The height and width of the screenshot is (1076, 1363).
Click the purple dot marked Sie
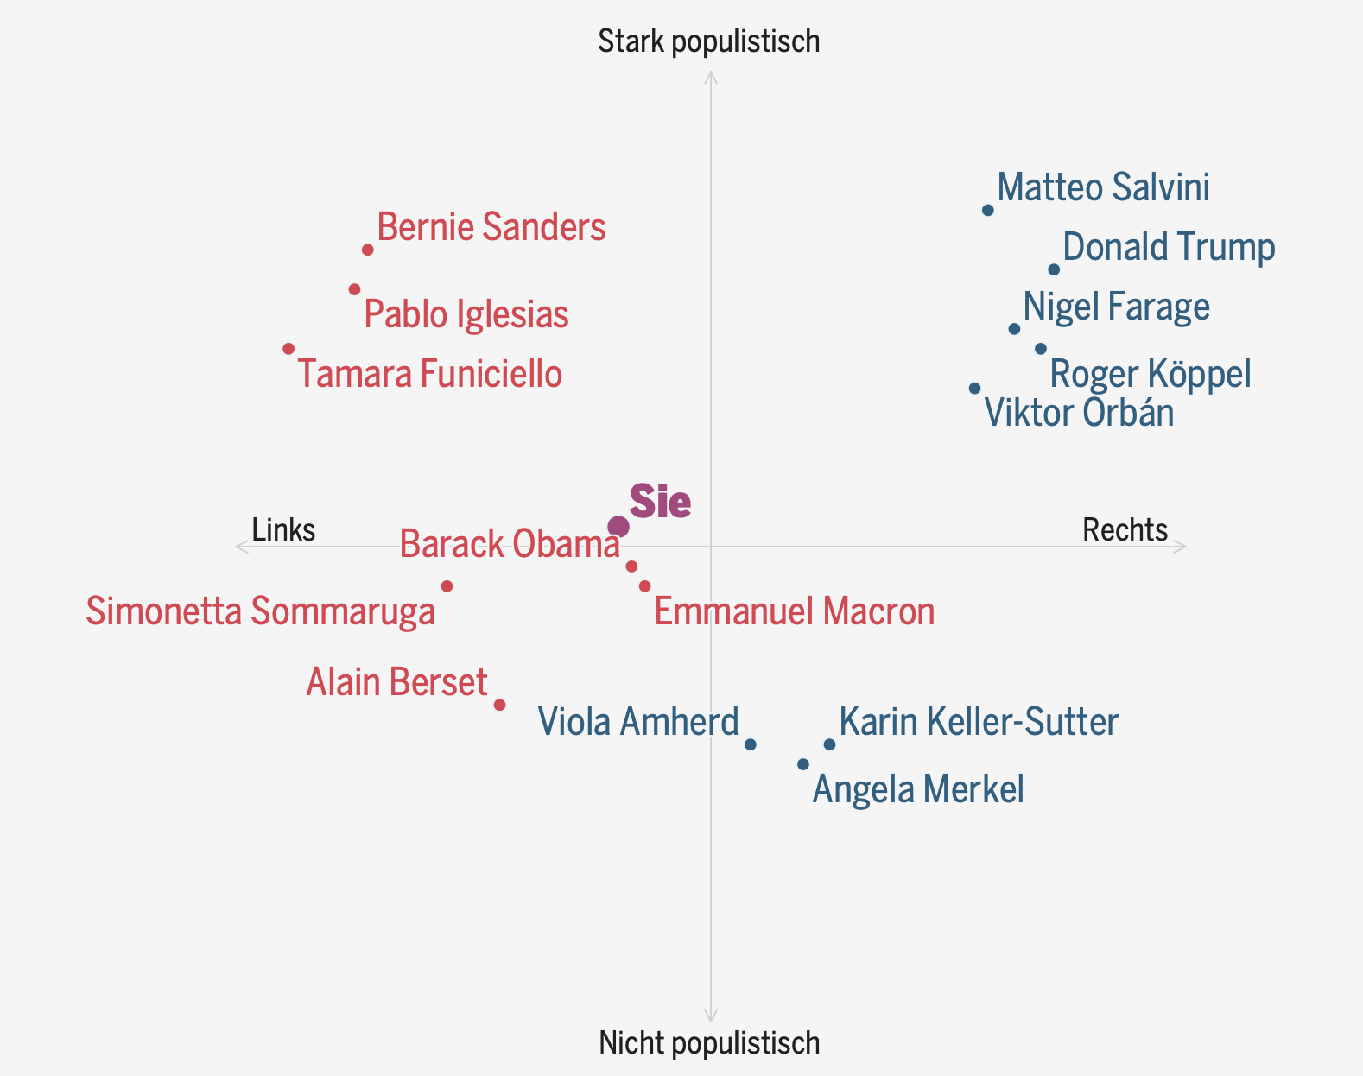point(618,527)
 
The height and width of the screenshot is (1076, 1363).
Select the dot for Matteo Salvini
point(988,211)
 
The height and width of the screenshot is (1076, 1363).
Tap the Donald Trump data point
point(1054,269)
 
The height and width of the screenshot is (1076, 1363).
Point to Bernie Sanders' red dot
point(368,250)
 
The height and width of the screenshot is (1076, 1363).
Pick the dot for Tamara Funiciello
point(288,349)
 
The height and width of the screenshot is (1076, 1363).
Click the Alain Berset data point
point(499,705)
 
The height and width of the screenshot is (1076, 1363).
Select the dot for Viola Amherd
point(751,744)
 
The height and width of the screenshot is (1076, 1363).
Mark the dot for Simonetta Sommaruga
point(447,586)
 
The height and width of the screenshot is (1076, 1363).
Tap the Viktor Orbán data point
point(975,389)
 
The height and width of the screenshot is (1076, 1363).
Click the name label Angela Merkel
point(918,789)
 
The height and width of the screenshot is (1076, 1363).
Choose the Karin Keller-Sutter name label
point(979,722)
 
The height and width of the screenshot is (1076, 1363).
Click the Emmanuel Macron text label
point(795,611)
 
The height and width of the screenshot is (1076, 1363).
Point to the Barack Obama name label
point(510,544)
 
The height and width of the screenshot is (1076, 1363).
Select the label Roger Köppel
point(1151,374)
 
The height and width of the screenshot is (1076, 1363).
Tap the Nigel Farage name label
point(1116,307)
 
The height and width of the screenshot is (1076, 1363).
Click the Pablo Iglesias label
point(466,314)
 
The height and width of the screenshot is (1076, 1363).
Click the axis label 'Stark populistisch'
point(709,41)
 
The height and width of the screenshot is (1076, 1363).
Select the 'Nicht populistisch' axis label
point(709,1043)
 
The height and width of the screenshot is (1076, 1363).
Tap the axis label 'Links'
point(283,529)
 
